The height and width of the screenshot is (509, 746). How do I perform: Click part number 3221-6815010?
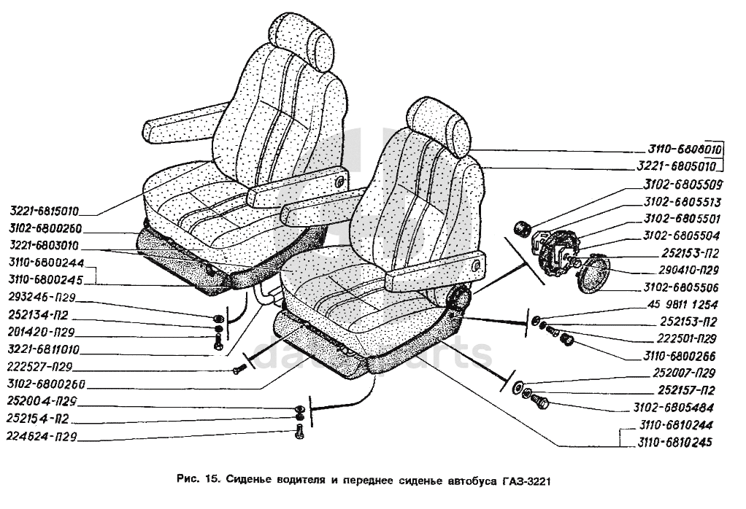45,212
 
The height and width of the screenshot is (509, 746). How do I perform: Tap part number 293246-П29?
43,297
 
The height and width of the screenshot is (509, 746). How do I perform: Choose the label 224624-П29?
43,438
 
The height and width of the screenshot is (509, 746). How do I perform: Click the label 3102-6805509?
678,184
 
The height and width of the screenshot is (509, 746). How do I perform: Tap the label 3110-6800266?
679,357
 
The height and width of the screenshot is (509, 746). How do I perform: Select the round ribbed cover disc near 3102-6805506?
596,273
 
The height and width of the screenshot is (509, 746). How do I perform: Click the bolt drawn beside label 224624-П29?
300,432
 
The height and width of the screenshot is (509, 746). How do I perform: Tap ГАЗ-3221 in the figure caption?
529,481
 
